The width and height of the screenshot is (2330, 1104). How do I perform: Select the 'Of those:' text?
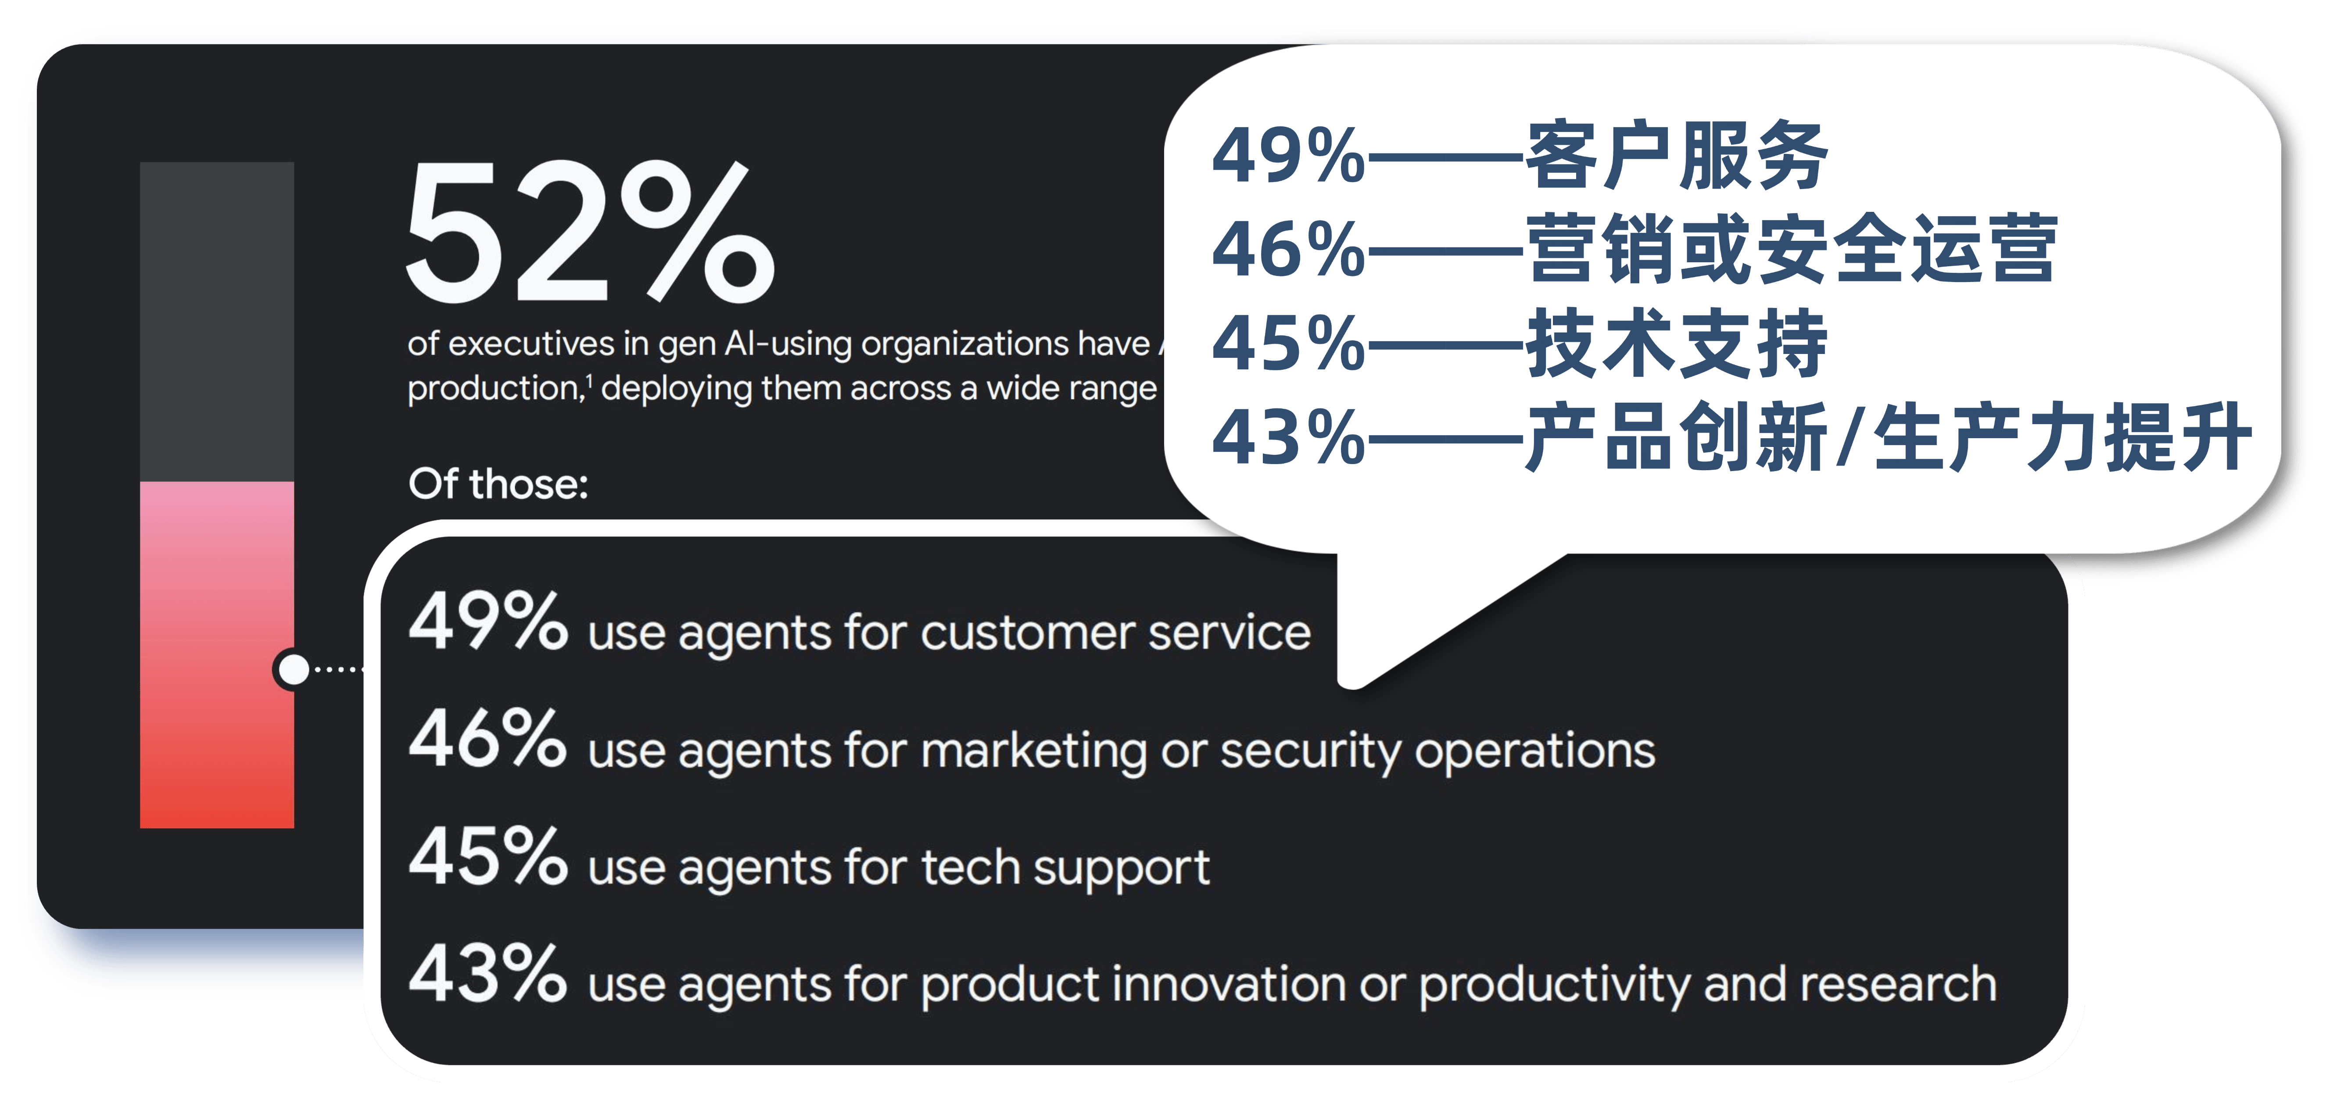(x=498, y=484)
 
